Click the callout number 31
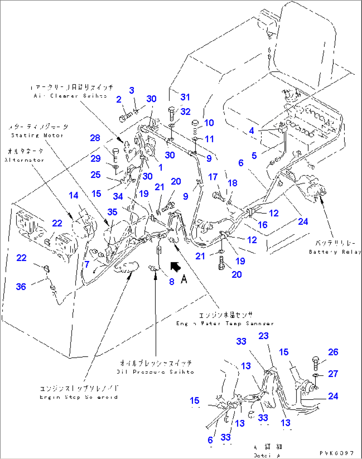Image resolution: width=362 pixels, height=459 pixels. [185, 97]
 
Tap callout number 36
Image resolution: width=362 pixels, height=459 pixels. [21, 287]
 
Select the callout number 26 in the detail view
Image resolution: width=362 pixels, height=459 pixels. [333, 352]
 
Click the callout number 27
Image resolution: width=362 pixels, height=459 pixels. [333, 374]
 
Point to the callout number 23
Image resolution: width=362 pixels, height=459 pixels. [263, 336]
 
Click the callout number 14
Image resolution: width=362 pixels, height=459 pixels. [73, 195]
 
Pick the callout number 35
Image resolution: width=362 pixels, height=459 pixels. [112, 212]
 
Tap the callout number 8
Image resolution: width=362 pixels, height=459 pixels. [171, 282]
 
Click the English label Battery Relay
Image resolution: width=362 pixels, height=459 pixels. [334, 252]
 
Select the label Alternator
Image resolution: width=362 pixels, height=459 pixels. [24, 160]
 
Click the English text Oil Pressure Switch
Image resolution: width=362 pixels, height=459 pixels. [155, 372]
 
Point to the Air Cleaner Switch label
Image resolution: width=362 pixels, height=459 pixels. [70, 96]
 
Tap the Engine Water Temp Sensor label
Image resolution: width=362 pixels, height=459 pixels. [225, 323]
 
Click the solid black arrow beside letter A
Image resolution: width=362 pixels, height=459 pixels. [175, 266]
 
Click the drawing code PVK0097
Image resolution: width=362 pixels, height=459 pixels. [337, 453]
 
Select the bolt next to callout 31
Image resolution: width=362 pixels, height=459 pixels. [172, 113]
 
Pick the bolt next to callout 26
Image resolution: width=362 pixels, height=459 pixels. [315, 363]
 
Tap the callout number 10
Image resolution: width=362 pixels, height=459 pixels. [209, 123]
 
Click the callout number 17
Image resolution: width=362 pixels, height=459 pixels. [213, 177]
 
